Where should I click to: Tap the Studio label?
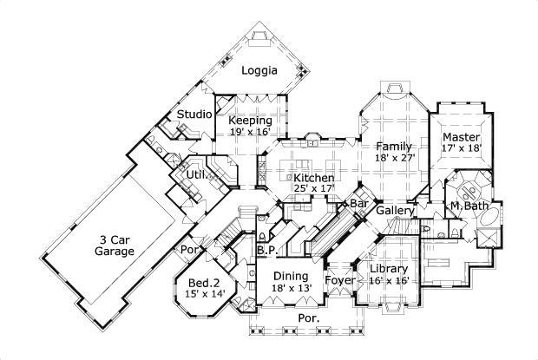(195, 115)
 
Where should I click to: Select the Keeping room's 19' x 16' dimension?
(250, 132)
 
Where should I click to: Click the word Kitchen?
(289, 177)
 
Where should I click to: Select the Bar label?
(359, 204)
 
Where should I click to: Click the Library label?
(388, 269)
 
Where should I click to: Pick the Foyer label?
(338, 280)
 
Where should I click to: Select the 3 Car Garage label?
(115, 245)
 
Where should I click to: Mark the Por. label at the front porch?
(308, 318)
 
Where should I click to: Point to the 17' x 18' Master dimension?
(462, 150)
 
